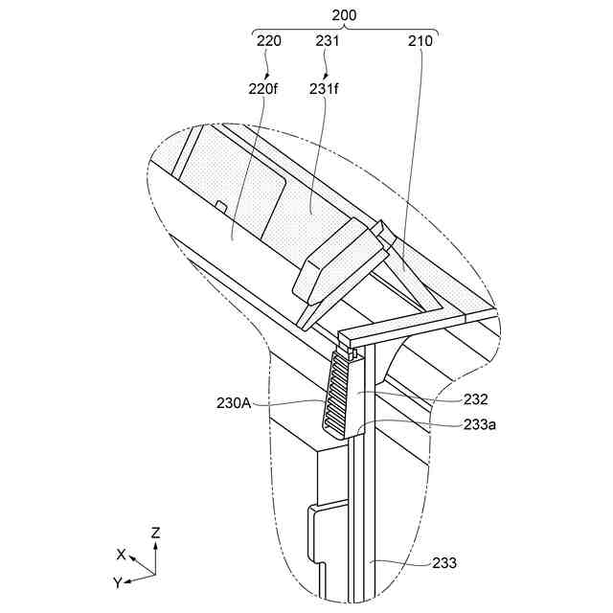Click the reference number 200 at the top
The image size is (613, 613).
pyautogui.click(x=344, y=16)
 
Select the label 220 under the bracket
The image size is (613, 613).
pyautogui.click(x=269, y=41)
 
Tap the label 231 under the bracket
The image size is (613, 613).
pyautogui.click(x=329, y=41)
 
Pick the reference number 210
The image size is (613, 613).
pyautogui.click(x=420, y=41)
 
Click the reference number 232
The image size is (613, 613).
pyautogui.click(x=475, y=399)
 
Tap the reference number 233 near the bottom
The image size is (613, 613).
pyautogui.click(x=443, y=564)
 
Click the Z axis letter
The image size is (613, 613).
pyautogui.click(x=155, y=531)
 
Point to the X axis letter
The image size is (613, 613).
pyautogui.click(x=121, y=554)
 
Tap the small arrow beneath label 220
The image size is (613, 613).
pyautogui.click(x=267, y=68)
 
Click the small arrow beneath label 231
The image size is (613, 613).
pyautogui.click(x=328, y=68)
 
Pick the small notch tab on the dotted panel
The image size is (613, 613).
pyautogui.click(x=220, y=205)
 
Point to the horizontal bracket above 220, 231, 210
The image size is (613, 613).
pyautogui.click(x=344, y=29)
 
